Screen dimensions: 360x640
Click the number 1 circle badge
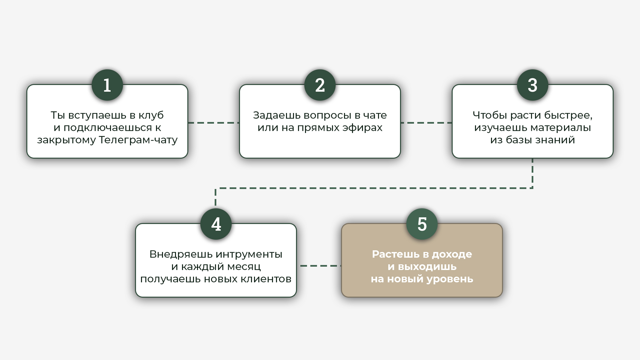[x=107, y=85]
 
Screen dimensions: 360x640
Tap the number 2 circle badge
[x=320, y=85]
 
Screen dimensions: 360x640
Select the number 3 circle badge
[x=532, y=85]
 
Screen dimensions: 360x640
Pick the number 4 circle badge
[x=216, y=224]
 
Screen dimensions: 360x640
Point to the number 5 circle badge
[x=422, y=224]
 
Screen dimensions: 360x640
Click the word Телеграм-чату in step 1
[x=138, y=140]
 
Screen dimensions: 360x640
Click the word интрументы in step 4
[x=249, y=254]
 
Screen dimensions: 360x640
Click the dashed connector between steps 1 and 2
[x=214, y=123]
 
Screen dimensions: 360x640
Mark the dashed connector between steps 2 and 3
[x=426, y=123]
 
